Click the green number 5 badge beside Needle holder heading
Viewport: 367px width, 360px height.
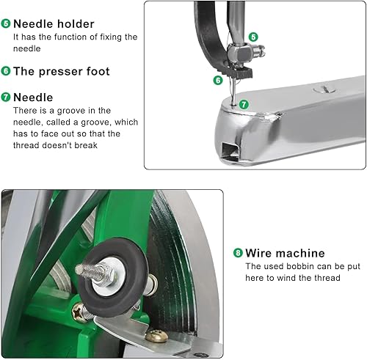coord(6,24)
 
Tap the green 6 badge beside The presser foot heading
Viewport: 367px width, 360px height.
coord(6,71)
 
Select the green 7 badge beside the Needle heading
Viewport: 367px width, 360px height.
coord(6,97)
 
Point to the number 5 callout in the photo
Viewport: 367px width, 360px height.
coord(253,37)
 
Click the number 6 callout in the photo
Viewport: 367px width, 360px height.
coord(218,79)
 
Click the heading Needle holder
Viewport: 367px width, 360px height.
coord(54,24)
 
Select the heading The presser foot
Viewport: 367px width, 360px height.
coord(62,71)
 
